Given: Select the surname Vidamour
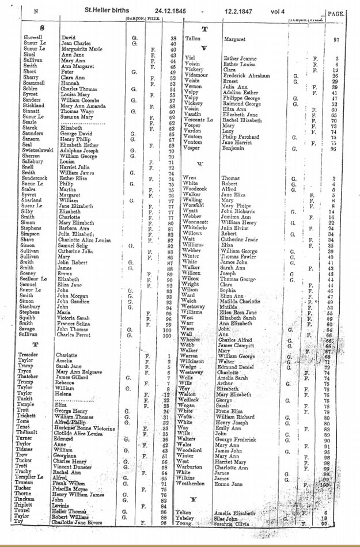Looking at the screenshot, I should click(196, 75).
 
